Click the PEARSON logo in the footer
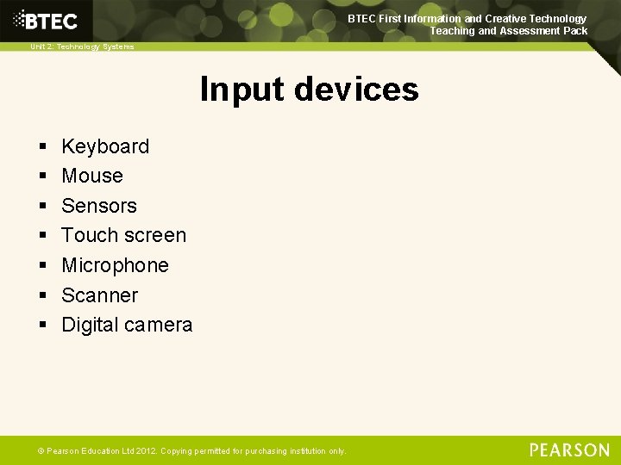point(569,449)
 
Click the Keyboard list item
point(105,146)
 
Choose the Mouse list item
point(92,176)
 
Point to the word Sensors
point(99,206)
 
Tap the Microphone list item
point(115,265)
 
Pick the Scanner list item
point(99,295)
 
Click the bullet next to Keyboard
point(42,147)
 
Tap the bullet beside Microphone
point(42,266)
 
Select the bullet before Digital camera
point(42,325)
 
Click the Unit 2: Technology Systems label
point(82,46)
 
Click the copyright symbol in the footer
point(40,450)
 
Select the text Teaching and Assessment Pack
point(509,31)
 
